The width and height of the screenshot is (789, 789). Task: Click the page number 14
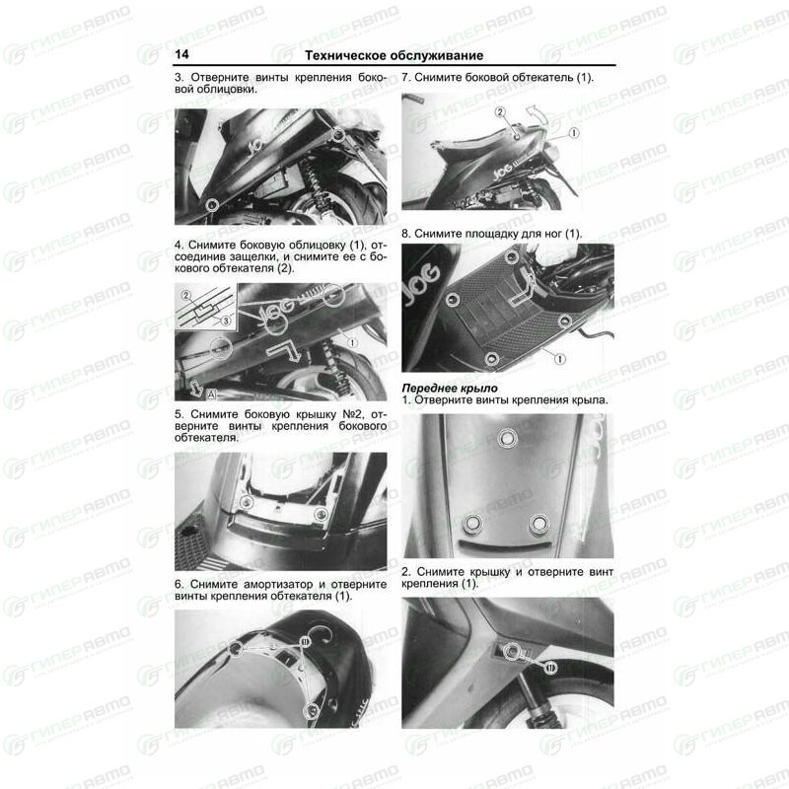(181, 54)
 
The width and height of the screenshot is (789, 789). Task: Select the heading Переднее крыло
(450, 388)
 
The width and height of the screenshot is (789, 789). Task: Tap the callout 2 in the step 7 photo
(500, 112)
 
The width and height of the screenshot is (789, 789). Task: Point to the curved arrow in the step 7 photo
(536, 113)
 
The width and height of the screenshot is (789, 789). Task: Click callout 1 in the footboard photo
(559, 359)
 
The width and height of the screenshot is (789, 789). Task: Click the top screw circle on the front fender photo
(507, 437)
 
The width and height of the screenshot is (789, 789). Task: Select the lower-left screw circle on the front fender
(473, 525)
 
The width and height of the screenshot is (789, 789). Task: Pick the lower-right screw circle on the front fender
(538, 525)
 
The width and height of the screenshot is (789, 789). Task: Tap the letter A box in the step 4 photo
(212, 394)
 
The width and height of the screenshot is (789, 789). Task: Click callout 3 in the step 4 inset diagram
(226, 321)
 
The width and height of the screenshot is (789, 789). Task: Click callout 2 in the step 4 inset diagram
(186, 295)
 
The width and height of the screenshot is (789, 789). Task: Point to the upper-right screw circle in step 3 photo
(338, 134)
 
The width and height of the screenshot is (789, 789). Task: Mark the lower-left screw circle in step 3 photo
(212, 204)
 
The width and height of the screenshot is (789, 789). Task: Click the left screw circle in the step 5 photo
(247, 501)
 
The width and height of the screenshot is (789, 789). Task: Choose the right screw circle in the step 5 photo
(321, 514)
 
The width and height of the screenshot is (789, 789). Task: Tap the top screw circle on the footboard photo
(512, 257)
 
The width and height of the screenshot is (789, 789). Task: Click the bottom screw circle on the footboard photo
(491, 359)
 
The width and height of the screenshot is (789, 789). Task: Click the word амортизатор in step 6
(278, 585)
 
